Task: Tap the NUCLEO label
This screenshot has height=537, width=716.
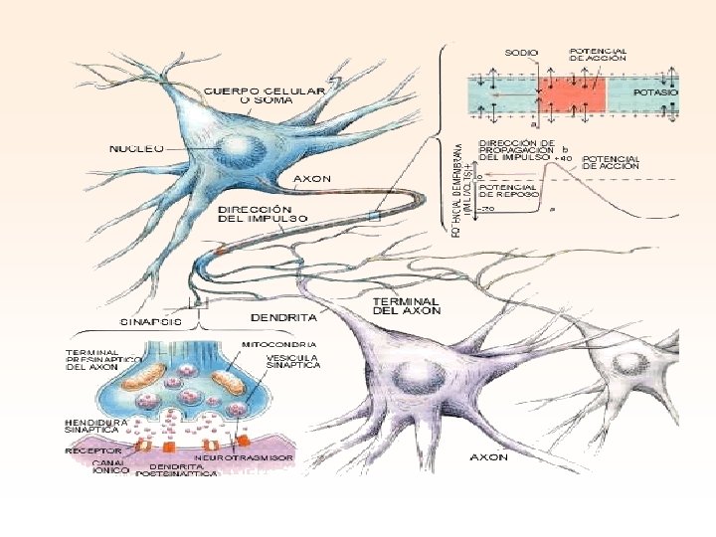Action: [136, 147]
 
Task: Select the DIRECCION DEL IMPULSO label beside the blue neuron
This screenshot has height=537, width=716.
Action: [263, 214]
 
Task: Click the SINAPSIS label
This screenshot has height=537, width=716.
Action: [151, 322]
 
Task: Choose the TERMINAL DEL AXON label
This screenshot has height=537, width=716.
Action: [406, 306]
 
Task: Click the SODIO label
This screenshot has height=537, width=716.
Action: [521, 52]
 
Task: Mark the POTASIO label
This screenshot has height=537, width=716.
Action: [655, 91]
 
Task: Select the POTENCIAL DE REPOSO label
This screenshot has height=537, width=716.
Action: [508, 190]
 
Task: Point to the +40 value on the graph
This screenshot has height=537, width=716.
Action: [564, 158]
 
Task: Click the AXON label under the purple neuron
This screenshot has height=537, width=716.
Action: [487, 457]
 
